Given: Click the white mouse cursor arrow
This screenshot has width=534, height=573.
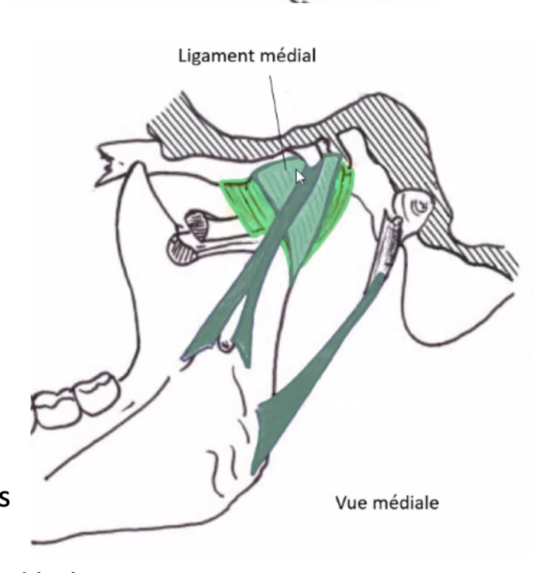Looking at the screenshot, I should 301,177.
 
